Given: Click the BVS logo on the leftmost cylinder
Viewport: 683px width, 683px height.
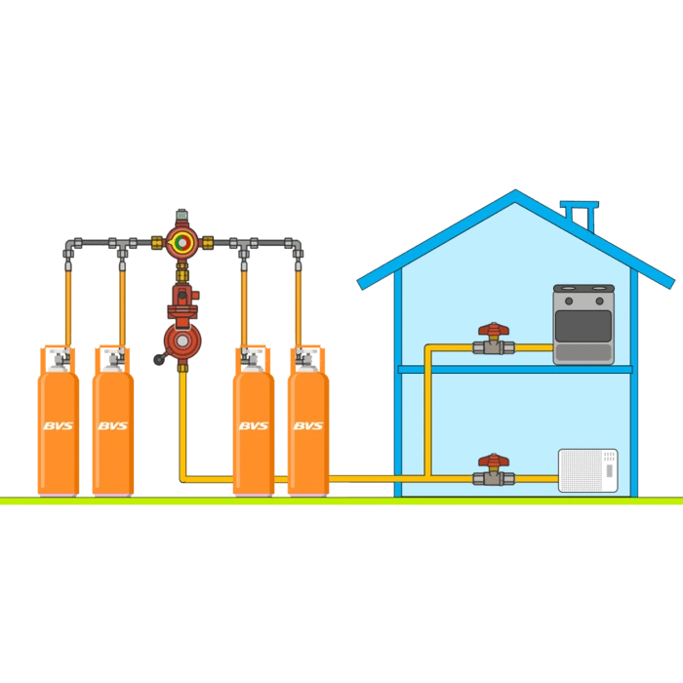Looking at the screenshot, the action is point(59,425).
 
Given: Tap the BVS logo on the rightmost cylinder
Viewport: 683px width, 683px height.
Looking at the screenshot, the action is point(308,425).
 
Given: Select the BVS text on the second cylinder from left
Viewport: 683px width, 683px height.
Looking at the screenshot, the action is point(113,425).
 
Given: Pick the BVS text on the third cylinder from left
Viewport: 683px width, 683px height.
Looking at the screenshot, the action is point(254,425).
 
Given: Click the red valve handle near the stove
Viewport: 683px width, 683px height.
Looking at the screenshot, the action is point(494,329).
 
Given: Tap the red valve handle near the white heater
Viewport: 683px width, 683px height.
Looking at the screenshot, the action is point(494,460).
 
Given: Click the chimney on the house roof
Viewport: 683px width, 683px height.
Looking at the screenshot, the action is point(580,216).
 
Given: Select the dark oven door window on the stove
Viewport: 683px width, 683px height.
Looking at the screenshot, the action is point(583,326).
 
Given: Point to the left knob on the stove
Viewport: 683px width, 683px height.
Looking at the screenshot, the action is point(569,301).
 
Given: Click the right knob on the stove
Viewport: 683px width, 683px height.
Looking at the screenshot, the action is point(599,301).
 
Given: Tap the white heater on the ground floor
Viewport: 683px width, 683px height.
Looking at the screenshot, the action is point(588,470).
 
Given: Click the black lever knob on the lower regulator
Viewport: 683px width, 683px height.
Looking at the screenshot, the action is point(158,359).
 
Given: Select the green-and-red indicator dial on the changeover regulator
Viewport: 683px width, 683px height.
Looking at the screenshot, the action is point(182,242).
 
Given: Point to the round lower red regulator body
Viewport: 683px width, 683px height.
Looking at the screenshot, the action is point(183,341).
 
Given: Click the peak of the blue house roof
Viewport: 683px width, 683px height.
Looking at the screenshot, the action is point(516,191).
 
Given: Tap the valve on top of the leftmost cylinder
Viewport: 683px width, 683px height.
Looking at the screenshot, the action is point(60,359).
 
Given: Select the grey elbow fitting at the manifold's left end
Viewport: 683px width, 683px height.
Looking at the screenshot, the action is point(69,247).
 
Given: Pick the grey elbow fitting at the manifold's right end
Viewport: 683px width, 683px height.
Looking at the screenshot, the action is point(296,247).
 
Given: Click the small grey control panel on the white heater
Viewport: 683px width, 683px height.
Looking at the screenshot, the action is point(610,471).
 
